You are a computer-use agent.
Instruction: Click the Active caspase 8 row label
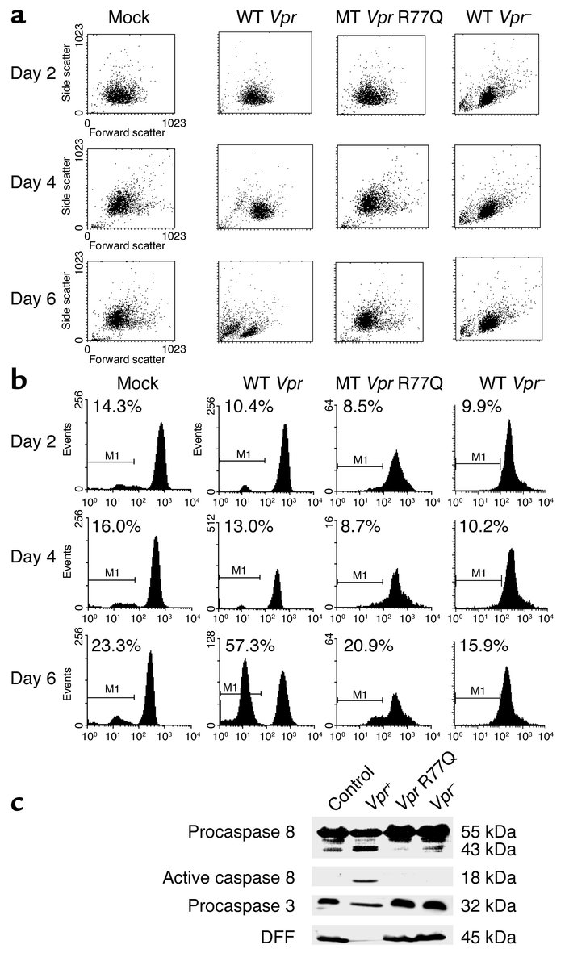[x=244, y=880]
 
